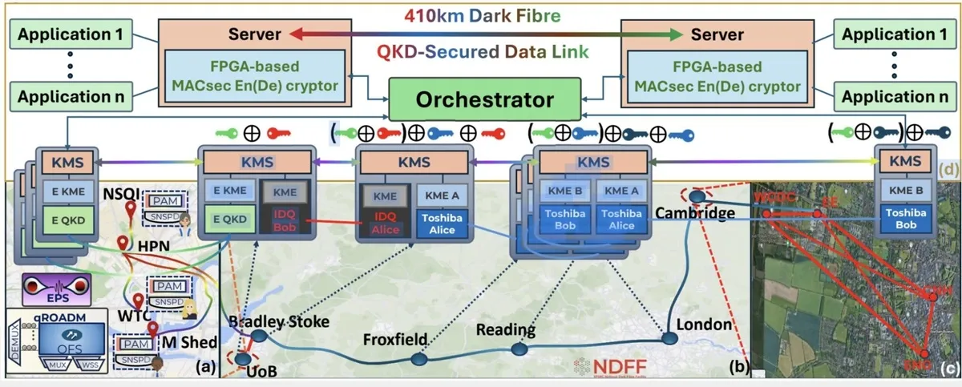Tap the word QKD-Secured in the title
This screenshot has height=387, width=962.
click(422, 52)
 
